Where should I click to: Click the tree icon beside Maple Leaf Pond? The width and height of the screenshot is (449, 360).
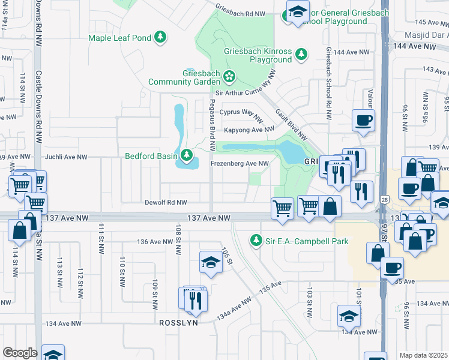pos(160,38)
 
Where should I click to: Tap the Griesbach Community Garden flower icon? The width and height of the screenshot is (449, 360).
pos(229,76)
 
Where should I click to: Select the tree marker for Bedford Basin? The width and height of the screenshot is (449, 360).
pos(187,157)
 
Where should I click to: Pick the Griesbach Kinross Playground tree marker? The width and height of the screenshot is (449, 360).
pos(301,55)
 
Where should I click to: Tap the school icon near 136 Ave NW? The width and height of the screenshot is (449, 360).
pos(211,263)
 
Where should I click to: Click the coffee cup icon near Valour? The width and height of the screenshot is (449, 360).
pos(363,121)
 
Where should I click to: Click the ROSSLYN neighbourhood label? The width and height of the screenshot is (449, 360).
pos(178,323)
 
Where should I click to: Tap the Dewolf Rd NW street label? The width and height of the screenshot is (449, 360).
pos(166,203)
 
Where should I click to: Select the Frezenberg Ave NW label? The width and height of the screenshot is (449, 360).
pos(239,163)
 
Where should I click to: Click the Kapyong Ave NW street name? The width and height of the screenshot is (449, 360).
pos(249,130)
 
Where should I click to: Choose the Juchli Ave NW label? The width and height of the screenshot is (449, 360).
pos(67,157)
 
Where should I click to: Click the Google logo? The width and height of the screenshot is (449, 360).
pos(20,353)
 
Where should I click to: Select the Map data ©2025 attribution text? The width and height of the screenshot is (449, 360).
pos(424,355)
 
